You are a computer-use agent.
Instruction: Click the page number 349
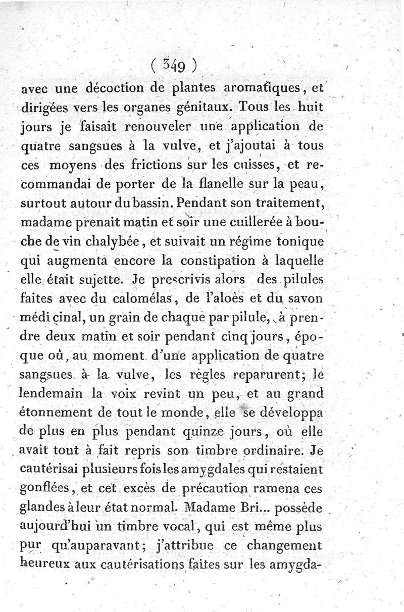pos(176,65)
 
